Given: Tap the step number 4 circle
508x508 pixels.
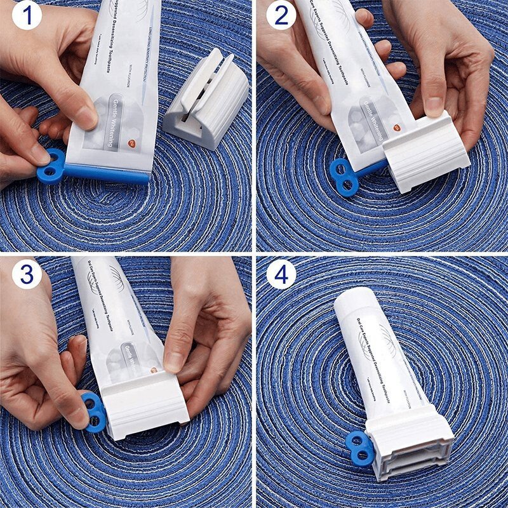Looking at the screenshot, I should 280,274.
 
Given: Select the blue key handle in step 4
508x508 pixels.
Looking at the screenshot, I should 359,446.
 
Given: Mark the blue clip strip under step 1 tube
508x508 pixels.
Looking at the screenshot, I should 108,173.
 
